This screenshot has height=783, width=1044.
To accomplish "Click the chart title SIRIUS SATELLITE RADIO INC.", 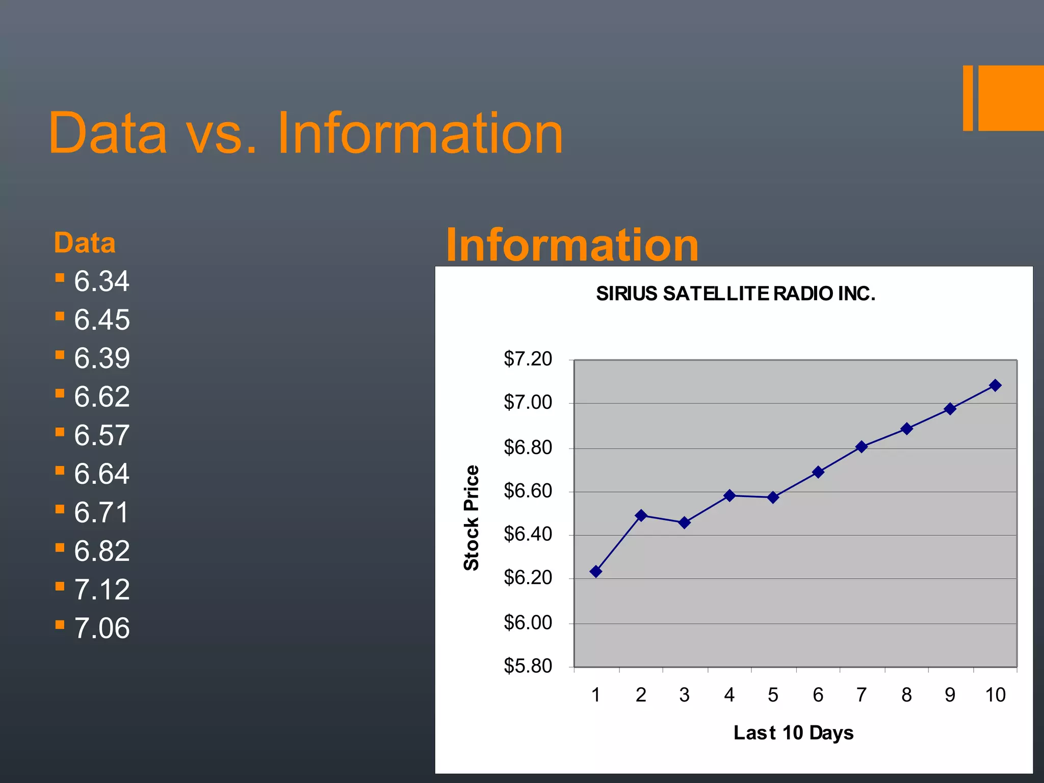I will tap(735, 294).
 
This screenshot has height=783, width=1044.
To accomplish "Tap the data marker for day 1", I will tap(595, 571).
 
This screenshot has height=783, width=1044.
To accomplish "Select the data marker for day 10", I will tap(995, 385).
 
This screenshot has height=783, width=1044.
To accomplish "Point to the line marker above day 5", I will tap(773, 497).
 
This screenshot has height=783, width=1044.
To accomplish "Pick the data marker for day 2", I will tap(641, 515).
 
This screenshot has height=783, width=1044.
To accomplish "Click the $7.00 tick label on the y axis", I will tap(528, 403).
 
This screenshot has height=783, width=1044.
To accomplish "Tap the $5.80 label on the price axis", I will tap(528, 666).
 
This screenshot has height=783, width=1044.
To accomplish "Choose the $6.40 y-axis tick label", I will tap(528, 534).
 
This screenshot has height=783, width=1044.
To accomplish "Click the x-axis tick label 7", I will tap(862, 695).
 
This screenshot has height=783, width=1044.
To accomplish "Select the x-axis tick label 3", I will tap(684, 695).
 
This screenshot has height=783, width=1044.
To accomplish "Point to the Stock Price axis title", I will tap(472, 517).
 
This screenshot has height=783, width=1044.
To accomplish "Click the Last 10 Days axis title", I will tap(793, 733).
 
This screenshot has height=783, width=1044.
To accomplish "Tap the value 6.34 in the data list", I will tap(102, 281).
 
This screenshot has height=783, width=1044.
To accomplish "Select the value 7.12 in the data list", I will tap(102, 589).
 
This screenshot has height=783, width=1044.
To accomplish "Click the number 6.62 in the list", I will tap(102, 397).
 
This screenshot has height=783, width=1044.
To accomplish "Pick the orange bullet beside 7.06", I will tap(60, 624).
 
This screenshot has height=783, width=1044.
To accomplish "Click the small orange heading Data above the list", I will tap(85, 243).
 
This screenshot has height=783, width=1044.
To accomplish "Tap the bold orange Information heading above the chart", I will tap(572, 245).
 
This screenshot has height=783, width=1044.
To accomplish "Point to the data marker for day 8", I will tap(906, 429).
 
